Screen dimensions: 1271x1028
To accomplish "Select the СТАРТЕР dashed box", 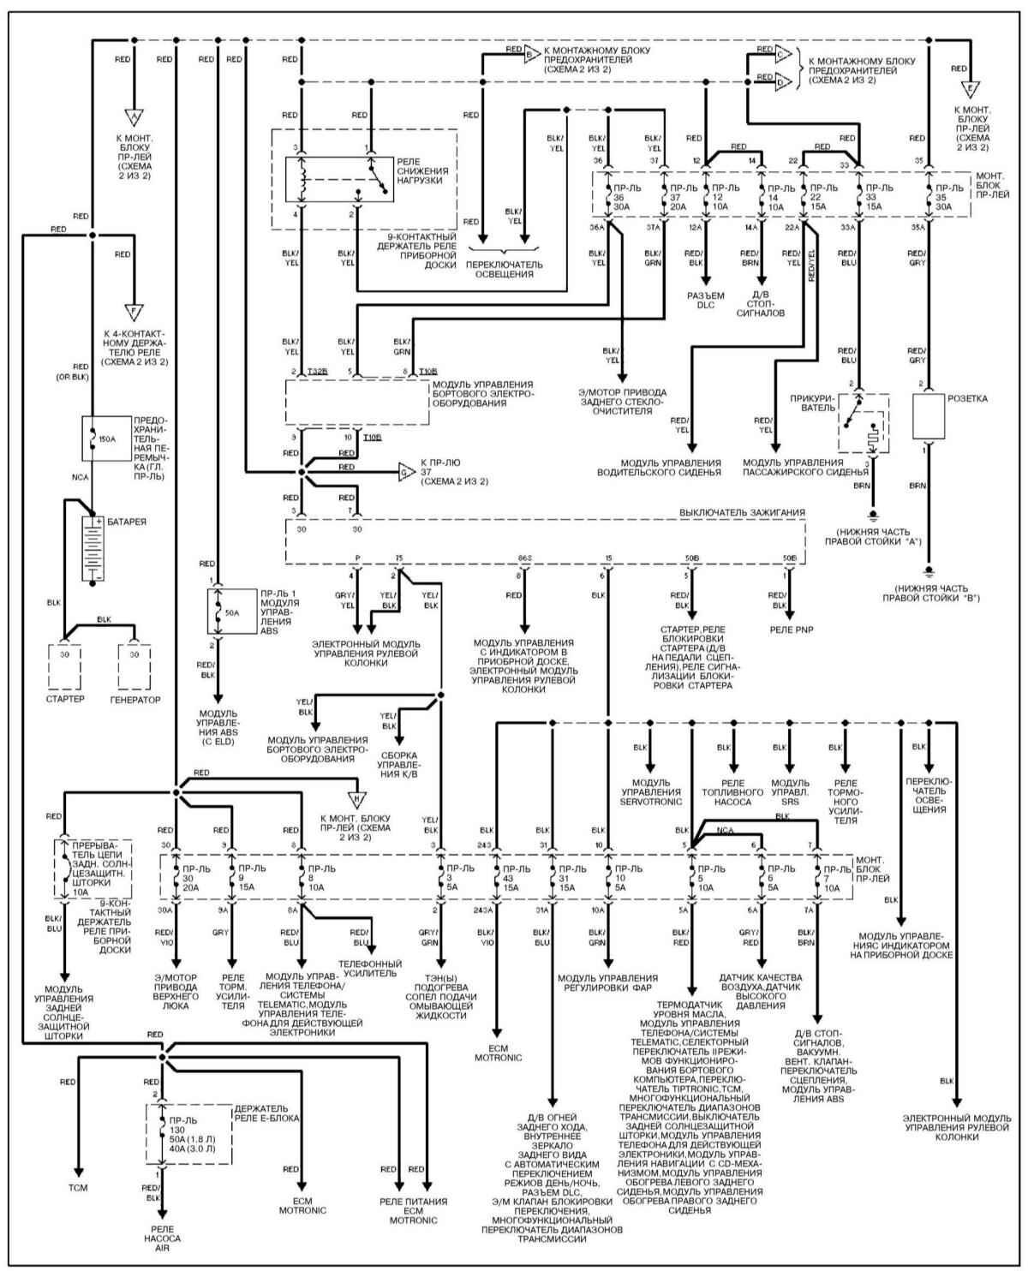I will click(64, 665).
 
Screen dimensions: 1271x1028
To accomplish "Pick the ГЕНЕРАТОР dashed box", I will click(134, 665).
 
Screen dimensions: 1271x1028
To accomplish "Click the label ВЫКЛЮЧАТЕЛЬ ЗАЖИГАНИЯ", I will click(742, 512).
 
